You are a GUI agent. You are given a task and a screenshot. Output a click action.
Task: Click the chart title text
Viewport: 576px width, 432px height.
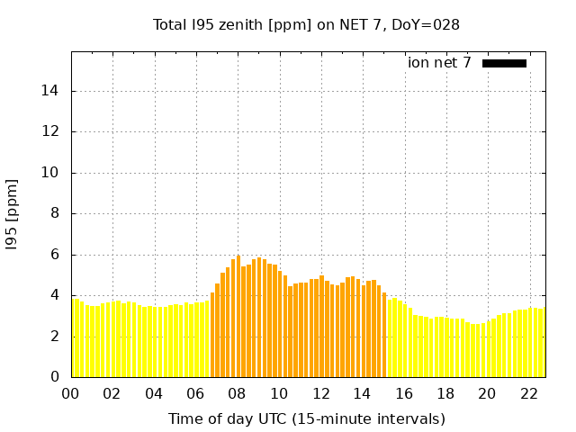(306, 24)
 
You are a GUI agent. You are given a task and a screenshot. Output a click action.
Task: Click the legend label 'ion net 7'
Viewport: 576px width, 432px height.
(439, 63)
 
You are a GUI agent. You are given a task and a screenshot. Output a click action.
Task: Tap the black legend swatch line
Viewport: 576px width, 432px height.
(504, 63)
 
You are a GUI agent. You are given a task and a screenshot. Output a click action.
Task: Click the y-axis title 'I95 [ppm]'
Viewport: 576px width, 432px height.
(13, 214)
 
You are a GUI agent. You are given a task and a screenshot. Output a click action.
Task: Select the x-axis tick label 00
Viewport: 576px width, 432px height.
(71, 393)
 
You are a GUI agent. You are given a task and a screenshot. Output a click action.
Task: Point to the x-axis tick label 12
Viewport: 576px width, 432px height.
(320, 393)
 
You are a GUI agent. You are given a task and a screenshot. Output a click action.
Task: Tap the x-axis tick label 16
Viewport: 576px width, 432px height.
(404, 393)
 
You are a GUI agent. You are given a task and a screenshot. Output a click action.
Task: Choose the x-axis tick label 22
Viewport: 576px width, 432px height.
(528, 393)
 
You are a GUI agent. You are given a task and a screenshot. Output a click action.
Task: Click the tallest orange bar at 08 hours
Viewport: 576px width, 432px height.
(238, 315)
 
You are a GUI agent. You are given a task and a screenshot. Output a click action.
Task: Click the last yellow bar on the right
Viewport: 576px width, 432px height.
(543, 343)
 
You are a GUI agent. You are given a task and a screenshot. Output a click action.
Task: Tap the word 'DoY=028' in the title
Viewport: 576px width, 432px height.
(431, 24)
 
